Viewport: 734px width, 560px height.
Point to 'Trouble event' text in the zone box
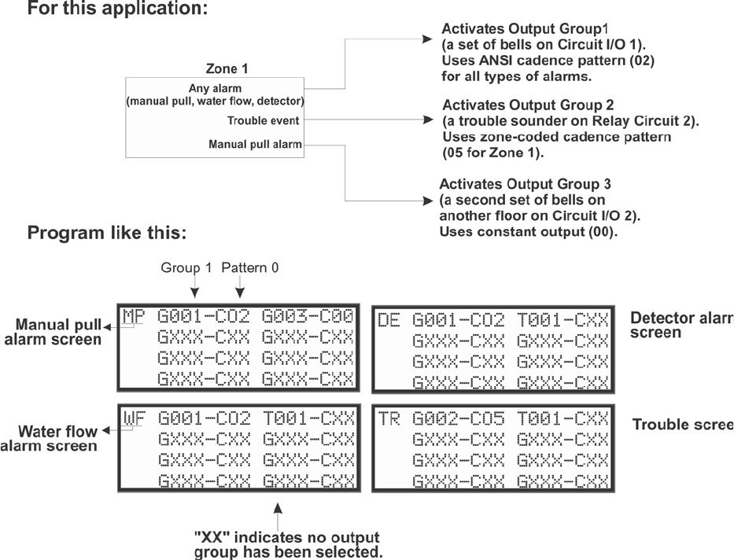[x=255, y=121]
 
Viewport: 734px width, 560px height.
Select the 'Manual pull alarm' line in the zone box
[x=255, y=144]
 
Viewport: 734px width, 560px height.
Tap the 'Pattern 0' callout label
[x=249, y=267]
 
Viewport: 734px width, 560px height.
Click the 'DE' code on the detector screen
[x=388, y=319]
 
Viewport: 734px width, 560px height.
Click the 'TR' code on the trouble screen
[x=388, y=416]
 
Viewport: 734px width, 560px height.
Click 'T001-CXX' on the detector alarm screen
[x=562, y=319]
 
